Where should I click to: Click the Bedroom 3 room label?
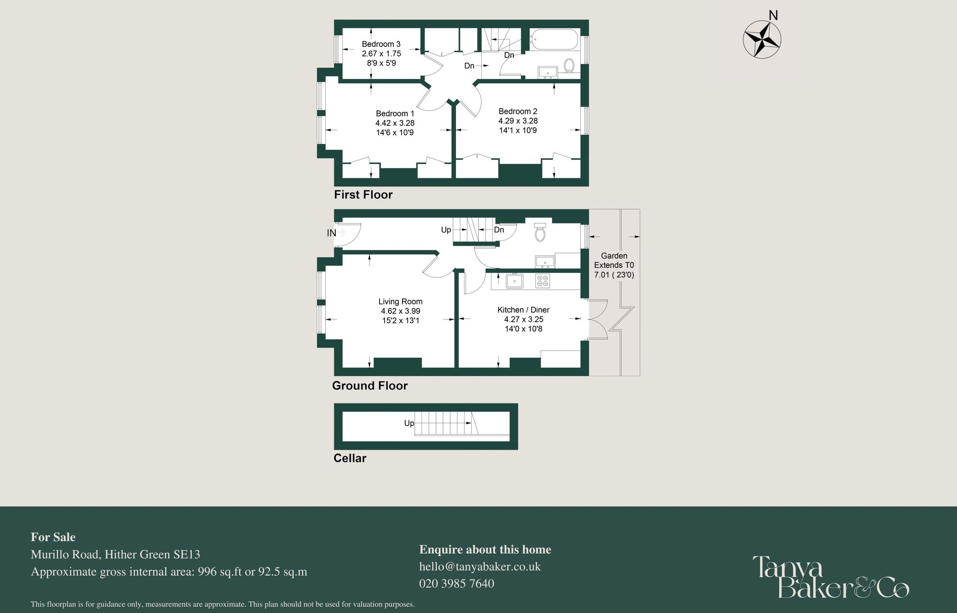pos(381,44)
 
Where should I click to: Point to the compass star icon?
pos(762,39)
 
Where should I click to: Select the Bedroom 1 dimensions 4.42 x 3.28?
pos(395,123)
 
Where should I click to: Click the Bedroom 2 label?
pos(518,111)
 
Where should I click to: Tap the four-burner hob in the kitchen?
pos(543,281)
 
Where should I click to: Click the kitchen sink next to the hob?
pos(514,281)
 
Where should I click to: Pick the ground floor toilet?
pos(540,233)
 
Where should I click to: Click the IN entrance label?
pos(332,233)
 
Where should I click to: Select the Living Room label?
pos(400,302)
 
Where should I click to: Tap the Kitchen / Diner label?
pos(523,310)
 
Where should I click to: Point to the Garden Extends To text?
pos(614,261)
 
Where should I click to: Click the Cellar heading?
pos(350,458)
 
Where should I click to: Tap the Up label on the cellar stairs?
pos(409,423)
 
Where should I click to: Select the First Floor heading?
pos(363,195)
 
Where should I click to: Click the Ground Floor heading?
pos(370,386)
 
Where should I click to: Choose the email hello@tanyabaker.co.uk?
pos(479,567)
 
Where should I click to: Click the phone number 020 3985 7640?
pos(456,583)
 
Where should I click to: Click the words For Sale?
pos(53,537)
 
